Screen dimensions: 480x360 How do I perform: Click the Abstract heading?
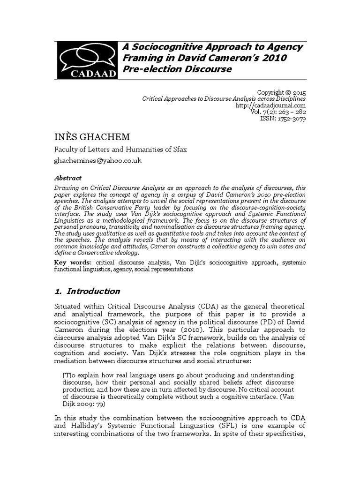(x=68, y=178)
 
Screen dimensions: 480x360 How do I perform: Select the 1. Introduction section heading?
(x=88, y=291)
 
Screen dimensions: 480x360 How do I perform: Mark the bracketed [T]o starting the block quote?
(x=70, y=376)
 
